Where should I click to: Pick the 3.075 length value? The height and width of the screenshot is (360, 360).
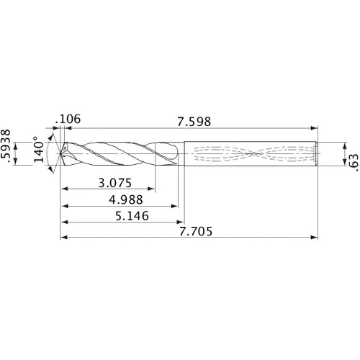click(x=115, y=183)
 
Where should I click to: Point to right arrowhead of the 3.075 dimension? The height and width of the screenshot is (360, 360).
click(x=153, y=189)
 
